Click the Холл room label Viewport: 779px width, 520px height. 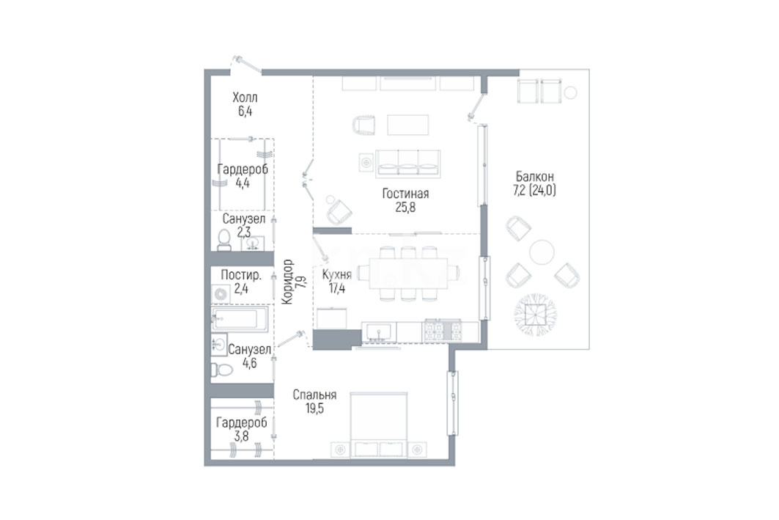(245, 98)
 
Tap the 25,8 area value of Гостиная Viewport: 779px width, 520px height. (405, 208)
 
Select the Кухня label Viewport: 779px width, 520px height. (337, 274)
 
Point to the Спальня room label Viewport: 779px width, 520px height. (314, 395)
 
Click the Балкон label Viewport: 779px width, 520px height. (534, 177)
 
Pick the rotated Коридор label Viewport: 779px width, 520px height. (287, 282)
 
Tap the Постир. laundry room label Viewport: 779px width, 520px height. (241, 275)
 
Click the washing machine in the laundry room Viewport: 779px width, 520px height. (221, 294)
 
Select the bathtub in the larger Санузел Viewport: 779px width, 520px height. (240, 318)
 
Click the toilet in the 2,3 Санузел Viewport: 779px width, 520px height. (224, 240)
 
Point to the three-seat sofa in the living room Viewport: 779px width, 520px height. (408, 164)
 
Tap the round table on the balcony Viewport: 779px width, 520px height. (542, 252)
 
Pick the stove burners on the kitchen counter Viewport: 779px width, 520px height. (441, 331)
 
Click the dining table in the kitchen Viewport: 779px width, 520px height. (408, 273)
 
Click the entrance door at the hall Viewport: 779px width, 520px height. (247, 65)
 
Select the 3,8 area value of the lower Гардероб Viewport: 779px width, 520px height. (241, 436)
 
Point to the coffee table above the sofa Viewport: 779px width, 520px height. (408, 125)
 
